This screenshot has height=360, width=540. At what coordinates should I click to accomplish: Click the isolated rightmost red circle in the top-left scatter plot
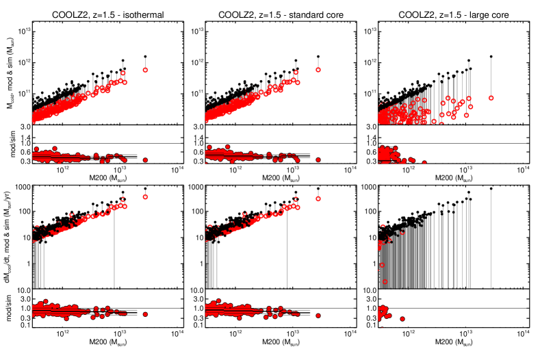tap(145, 70)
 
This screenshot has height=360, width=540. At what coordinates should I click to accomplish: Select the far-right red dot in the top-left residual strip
tap(145, 160)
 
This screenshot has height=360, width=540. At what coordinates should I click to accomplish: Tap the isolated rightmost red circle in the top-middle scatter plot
tap(318, 70)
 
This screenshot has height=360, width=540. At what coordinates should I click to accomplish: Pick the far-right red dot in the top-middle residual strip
tap(318, 160)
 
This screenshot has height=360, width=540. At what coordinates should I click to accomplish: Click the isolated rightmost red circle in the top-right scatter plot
tap(491, 98)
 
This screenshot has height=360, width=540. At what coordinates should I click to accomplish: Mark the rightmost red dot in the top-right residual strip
tap(424, 163)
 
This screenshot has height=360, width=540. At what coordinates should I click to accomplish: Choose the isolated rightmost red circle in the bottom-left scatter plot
tap(145, 196)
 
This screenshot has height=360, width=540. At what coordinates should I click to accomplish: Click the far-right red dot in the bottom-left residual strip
tap(145, 314)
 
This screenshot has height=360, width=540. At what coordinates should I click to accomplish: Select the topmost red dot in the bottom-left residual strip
tap(46, 301)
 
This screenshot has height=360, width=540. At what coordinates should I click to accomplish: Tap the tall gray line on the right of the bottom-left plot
tap(114, 253)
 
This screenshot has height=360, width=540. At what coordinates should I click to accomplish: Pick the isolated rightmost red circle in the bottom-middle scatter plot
tap(318, 198)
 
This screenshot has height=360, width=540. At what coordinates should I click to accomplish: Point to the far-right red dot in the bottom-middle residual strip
tap(318, 316)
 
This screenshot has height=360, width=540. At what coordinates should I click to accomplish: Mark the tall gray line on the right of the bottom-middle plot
tap(287, 253)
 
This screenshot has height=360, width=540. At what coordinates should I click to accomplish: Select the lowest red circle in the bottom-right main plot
tap(385, 281)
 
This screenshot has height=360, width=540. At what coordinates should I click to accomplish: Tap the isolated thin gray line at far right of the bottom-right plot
tap(491, 240)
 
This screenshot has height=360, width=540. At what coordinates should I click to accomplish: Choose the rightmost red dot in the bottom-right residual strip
tap(402, 319)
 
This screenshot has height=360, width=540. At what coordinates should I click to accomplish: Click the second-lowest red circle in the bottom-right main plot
tap(381, 265)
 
